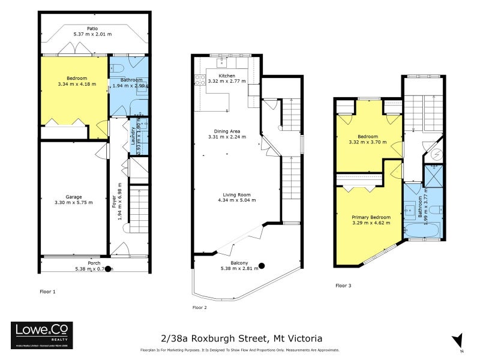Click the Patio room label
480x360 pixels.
[92, 28]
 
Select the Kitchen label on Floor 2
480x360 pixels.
[227, 76]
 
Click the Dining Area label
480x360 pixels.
[227, 131]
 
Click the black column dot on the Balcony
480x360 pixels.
[262, 266]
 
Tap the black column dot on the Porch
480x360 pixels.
[107, 269]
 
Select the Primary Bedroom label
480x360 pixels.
[371, 217]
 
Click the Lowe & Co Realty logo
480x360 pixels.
[42, 332]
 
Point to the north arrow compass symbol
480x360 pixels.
[458, 340]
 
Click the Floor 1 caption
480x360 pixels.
[47, 292]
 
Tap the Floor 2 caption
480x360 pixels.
[200, 307]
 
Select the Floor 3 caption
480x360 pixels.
[343, 286]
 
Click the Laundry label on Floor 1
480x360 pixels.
[133, 137]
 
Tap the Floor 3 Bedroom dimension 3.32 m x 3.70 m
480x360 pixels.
[367, 143]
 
